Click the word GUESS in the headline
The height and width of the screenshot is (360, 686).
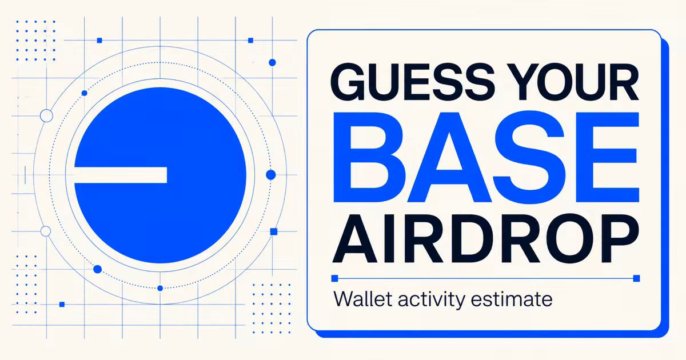tap(413, 82)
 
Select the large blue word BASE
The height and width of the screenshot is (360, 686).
tap(486, 157)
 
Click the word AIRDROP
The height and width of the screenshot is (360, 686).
tap(486, 239)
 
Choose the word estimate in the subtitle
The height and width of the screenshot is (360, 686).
tap(512, 299)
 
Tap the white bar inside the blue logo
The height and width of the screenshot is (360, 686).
tap(121, 175)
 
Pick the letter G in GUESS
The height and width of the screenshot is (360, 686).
tap(349, 82)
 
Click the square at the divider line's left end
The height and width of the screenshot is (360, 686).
tap(335, 278)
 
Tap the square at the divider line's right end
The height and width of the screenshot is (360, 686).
tap(636, 278)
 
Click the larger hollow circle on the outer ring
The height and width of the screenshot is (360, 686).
tap(46, 115)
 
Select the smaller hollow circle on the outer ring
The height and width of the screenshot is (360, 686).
tap(46, 231)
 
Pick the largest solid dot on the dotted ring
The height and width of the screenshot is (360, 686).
tap(271, 175)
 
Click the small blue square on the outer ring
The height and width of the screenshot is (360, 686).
tap(274, 231)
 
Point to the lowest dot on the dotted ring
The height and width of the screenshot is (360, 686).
tap(160, 288)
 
